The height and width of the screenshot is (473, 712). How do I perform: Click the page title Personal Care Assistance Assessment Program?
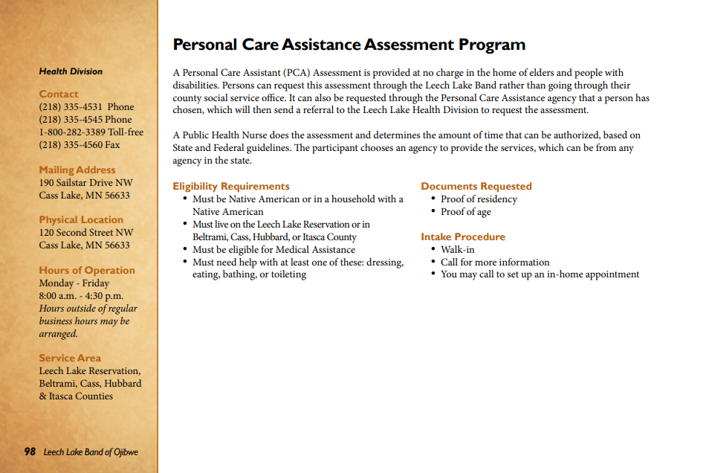click(349, 45)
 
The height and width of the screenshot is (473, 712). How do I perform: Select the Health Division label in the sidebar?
click(71, 71)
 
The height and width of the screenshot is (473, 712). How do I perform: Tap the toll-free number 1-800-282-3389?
click(91, 132)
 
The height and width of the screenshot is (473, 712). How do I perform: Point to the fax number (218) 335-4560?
click(79, 144)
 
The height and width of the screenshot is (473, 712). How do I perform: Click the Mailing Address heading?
click(77, 170)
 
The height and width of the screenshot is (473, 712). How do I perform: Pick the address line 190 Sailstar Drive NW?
click(85, 182)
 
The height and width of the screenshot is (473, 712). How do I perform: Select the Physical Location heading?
click(81, 219)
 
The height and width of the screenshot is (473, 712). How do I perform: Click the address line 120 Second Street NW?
click(86, 232)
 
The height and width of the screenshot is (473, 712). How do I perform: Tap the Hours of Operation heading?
click(87, 270)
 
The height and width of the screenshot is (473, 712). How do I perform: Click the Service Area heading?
click(70, 358)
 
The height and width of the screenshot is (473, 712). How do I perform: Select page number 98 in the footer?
click(30, 451)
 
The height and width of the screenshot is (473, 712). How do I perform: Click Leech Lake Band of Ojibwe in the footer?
click(91, 452)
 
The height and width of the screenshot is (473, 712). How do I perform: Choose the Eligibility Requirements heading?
click(231, 186)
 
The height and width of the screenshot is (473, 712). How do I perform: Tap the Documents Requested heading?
click(476, 186)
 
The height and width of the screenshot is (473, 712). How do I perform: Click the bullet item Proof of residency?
click(479, 199)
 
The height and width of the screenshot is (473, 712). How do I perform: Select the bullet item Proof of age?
click(465, 211)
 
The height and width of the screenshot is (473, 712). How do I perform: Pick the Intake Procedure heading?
click(463, 236)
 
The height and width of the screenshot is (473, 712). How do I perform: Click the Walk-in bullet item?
click(457, 249)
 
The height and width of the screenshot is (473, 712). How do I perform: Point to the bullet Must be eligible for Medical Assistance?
click(274, 249)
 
